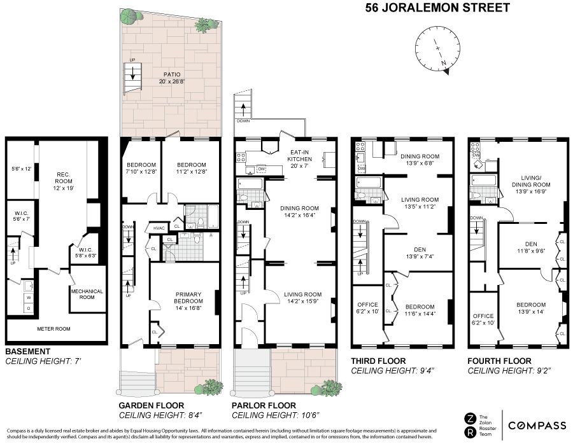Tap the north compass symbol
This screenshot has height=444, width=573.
click(x=436, y=52)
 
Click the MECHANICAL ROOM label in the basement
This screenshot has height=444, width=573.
click(x=87, y=294)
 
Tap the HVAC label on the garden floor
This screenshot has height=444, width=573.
click(x=159, y=228)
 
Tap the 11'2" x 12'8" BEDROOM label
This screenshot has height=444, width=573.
click(x=188, y=167)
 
